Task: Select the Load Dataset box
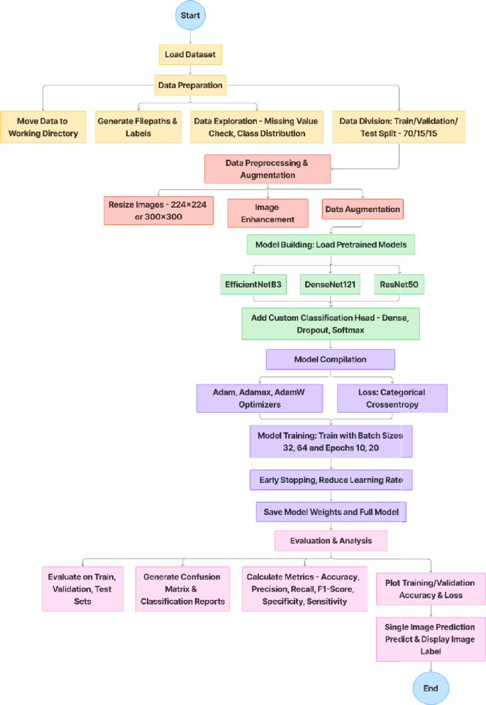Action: (189, 54)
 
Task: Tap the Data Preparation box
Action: (189, 85)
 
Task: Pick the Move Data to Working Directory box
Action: (43, 127)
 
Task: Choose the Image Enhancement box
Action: (267, 213)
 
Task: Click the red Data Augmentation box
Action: (362, 209)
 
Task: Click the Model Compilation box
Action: (330, 360)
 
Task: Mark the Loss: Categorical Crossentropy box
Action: (392, 398)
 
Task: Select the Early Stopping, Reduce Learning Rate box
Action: (331, 480)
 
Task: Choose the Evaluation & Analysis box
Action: (331, 541)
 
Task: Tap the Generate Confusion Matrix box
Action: (182, 589)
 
